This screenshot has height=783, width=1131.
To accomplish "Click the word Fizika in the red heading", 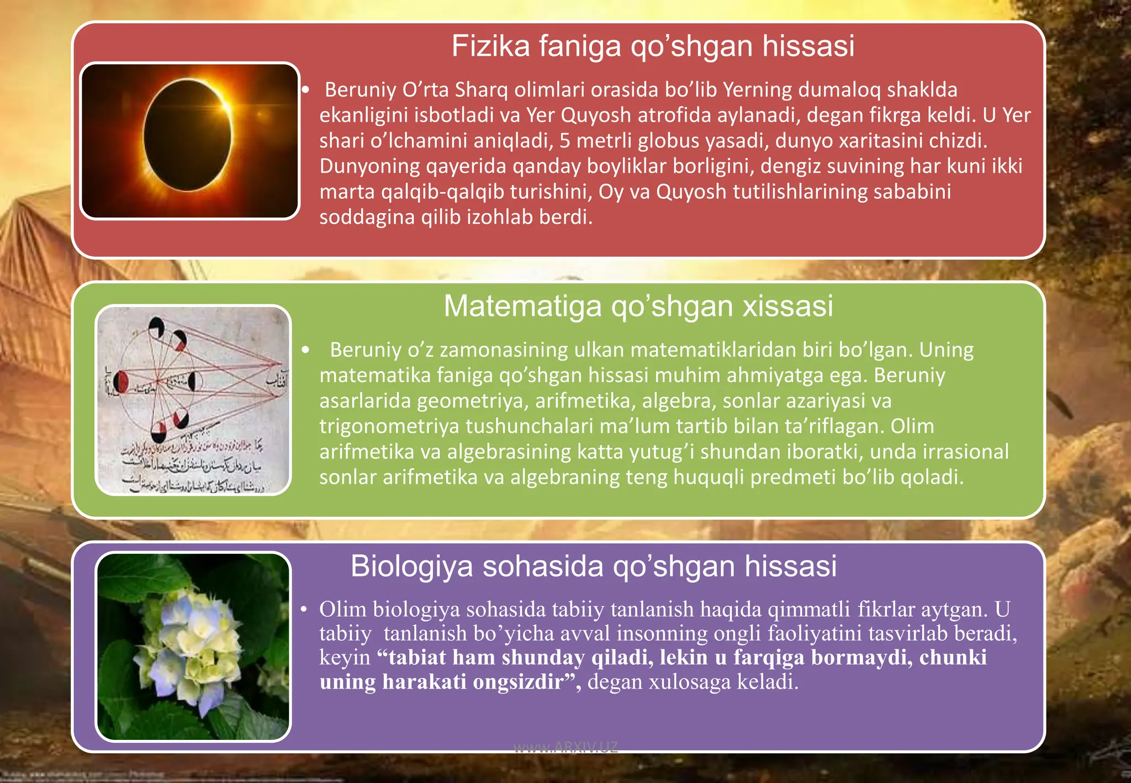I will click(x=490, y=46).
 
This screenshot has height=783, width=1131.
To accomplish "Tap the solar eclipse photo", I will click(x=189, y=141).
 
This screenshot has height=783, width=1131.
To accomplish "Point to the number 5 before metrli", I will click(x=564, y=141).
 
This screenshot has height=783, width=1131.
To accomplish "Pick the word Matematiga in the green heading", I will click(x=522, y=306).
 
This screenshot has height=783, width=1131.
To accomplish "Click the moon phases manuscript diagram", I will click(x=193, y=400).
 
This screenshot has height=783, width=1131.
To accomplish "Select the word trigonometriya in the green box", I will click(x=389, y=426).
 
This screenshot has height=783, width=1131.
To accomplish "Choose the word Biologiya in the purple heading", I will click(x=411, y=567).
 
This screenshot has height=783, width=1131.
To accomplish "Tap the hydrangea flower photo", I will click(x=193, y=647).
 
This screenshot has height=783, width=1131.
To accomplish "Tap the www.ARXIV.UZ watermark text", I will click(x=565, y=748).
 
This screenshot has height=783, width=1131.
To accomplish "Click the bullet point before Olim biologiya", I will click(x=304, y=610).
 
